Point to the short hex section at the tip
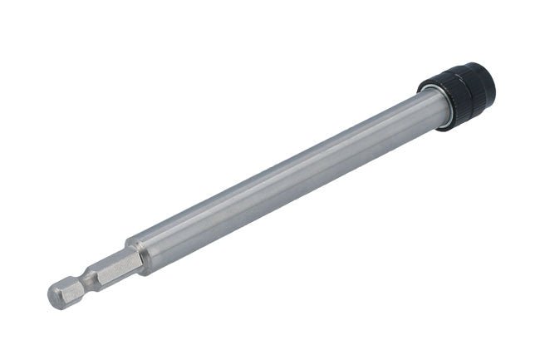(x=66, y=289)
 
